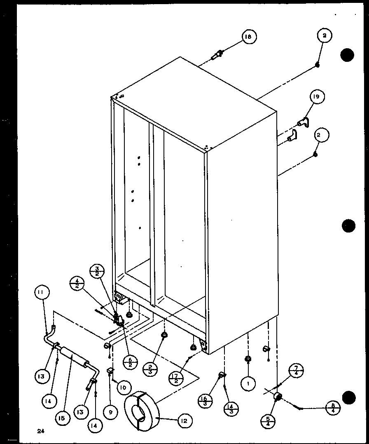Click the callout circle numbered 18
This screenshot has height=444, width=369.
(248, 37)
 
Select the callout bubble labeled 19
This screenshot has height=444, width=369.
(316, 97)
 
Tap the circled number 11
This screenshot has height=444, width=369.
(42, 294)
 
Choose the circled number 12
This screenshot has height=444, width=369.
(184, 421)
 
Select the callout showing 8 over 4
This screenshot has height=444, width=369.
(333, 408)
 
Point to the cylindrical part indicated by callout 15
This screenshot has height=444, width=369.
(73, 357)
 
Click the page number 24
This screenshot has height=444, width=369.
(40, 431)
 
